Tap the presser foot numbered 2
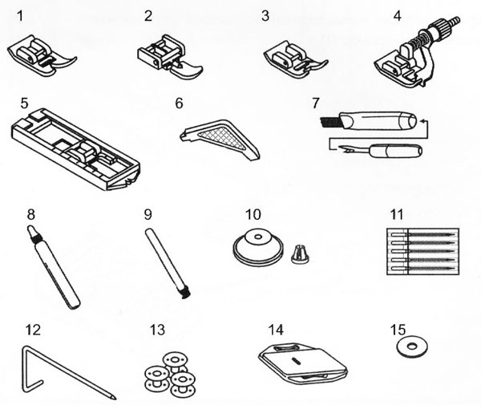coord(171,59)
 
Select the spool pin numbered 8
coord(50,269)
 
